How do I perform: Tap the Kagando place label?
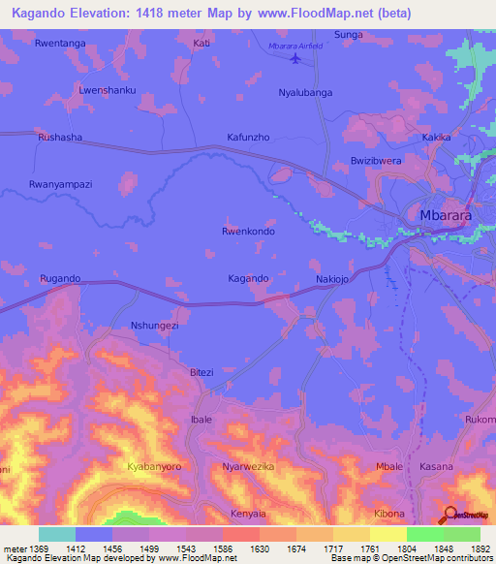[x=248, y=278]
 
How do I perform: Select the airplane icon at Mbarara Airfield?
[x=295, y=59]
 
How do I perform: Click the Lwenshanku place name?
[x=107, y=90]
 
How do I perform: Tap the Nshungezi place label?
[x=155, y=327]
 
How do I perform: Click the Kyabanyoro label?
[x=154, y=467]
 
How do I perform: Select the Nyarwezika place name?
[x=249, y=467]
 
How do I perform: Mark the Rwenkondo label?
[x=249, y=232]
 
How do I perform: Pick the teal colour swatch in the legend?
[x=57, y=534]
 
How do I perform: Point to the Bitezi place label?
[x=201, y=372]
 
